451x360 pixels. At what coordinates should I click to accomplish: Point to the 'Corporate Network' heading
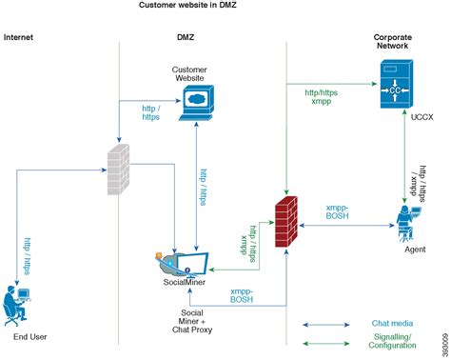pyautogui.click(x=392, y=42)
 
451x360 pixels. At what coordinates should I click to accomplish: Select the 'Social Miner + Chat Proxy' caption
pyautogui.click(x=190, y=321)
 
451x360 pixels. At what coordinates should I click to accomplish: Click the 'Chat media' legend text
pyautogui.click(x=391, y=324)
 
